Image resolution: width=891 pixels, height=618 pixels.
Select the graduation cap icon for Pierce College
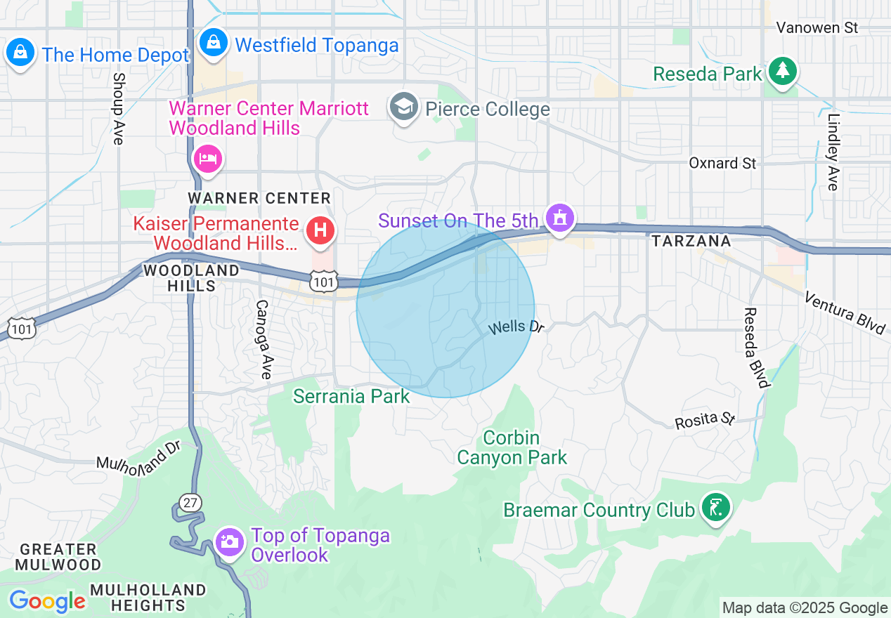[x=403, y=108]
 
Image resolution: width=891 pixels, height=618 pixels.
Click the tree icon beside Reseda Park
[x=781, y=71]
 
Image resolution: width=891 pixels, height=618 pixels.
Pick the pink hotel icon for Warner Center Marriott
[x=207, y=158]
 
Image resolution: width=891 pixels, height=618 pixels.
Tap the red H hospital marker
[x=320, y=230]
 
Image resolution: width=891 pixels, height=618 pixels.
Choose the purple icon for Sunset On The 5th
[x=559, y=218]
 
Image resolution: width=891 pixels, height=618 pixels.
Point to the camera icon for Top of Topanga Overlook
[x=229, y=542]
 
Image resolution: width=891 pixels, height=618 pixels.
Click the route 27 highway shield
[x=190, y=503]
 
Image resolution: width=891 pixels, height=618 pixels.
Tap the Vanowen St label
[x=817, y=28]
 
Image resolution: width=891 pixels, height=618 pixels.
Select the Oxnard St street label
[x=722, y=163]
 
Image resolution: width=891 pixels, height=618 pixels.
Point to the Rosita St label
[x=704, y=421]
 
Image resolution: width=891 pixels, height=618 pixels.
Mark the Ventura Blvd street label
[x=845, y=313]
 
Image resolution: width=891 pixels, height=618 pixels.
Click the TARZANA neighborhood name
[x=691, y=242]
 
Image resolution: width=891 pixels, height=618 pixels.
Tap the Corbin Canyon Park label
[x=512, y=448]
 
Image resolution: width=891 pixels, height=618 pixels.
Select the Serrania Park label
[x=351, y=397]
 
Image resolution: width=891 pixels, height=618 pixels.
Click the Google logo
[x=47, y=602]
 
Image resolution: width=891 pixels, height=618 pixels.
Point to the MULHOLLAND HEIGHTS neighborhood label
[x=148, y=597]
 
